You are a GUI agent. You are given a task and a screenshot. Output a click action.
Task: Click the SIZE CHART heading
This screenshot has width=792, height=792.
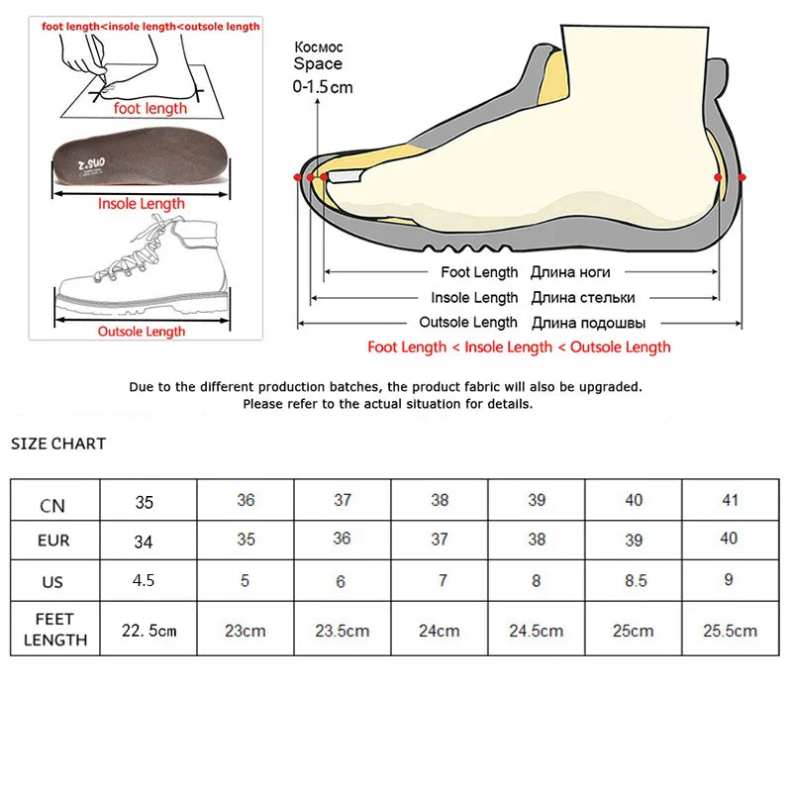coord(58,444)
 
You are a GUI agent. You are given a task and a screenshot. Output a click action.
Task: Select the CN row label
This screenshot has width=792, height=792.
coord(54,505)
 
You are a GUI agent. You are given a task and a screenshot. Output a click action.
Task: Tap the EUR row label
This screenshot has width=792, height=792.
coord(54,541)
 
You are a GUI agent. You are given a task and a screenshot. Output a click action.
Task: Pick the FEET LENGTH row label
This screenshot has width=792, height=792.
coord(55,629)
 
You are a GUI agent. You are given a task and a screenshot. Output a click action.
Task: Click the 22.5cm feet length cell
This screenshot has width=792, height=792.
coord(148,630)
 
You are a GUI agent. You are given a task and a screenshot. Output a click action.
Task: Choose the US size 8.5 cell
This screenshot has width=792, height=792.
coord(635,581)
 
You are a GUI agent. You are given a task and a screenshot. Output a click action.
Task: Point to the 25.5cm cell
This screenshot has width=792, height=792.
coord(731,630)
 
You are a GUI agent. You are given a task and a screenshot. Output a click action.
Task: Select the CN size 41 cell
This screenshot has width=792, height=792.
coord(731,500)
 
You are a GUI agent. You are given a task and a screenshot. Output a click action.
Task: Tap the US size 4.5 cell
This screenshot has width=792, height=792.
coord(144,580)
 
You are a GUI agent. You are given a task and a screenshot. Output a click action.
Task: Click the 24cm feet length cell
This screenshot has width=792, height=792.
coord(440,630)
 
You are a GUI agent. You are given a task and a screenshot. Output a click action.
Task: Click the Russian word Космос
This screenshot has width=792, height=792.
coord(319,48)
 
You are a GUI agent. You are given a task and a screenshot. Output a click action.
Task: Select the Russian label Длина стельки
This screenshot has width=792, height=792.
coord(582,298)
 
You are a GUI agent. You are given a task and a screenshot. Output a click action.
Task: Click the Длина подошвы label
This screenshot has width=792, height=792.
coord(589,323)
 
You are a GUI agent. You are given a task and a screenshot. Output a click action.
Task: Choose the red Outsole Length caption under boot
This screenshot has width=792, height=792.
coord(142,332)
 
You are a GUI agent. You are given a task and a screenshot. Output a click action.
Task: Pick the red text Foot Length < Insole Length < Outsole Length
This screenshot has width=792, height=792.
coord(519,346)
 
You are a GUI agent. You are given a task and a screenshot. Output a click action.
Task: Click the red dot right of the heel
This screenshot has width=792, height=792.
coord(742,176)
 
